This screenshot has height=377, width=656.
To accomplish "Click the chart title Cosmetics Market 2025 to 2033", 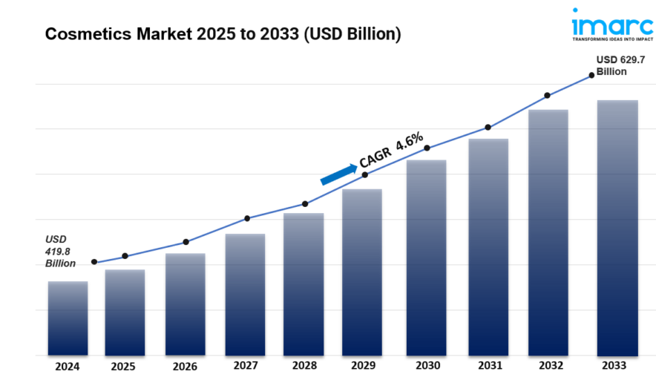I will click(x=223, y=34).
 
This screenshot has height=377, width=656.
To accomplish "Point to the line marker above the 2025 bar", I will click(x=125, y=256).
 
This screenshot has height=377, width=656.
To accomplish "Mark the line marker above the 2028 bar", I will click(x=305, y=204).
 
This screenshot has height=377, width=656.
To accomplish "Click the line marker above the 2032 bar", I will click(x=547, y=96).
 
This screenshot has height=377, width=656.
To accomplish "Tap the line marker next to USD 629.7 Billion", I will click(x=591, y=75).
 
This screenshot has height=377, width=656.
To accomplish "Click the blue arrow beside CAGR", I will click(x=338, y=174).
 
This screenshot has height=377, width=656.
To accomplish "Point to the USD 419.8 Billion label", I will click(x=59, y=251).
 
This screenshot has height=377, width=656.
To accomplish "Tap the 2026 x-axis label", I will click(x=185, y=366).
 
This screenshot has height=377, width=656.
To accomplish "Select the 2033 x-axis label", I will click(x=615, y=366).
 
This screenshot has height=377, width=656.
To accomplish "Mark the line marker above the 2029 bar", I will click(x=364, y=175).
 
